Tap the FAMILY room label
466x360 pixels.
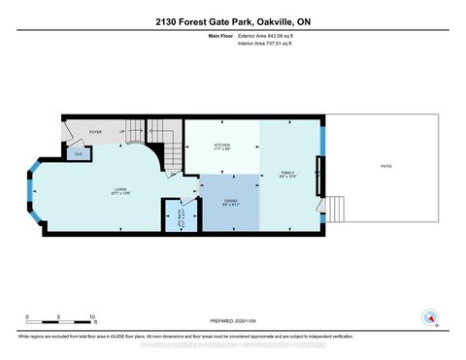(287, 172)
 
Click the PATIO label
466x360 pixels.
(385, 167)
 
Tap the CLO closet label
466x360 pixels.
(78, 152)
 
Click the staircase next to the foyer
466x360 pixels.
(170, 144)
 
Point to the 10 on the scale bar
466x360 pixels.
(91, 318)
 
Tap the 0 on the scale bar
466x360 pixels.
(27, 318)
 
